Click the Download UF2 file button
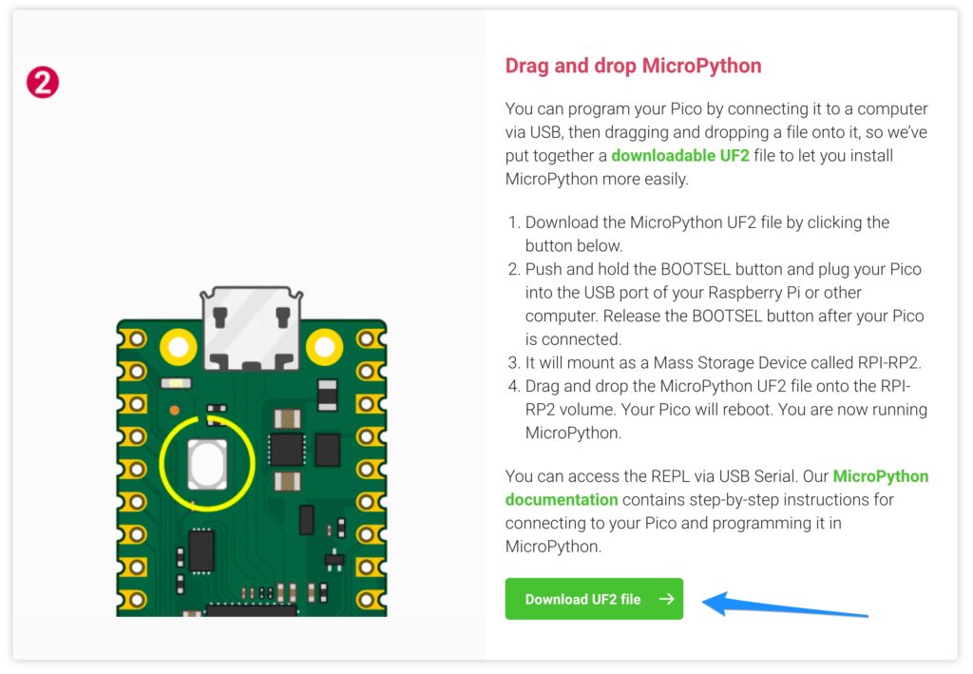coord(594,599)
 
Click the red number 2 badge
coord(43,83)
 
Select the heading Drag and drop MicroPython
coord(633,66)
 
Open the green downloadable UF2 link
coord(680,155)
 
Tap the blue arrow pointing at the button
coord(785,606)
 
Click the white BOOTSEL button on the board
coord(206,464)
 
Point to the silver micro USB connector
coord(251,329)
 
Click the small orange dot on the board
coord(175,411)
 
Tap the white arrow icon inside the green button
coord(666,599)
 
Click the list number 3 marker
coord(513,362)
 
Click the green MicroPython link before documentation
coord(881,476)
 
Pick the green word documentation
coord(562,500)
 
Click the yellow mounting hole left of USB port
coord(178,347)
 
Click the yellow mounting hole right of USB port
coord(324,347)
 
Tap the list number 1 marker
coord(513,222)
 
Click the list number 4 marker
coord(513,386)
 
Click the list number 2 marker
coord(513,269)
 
